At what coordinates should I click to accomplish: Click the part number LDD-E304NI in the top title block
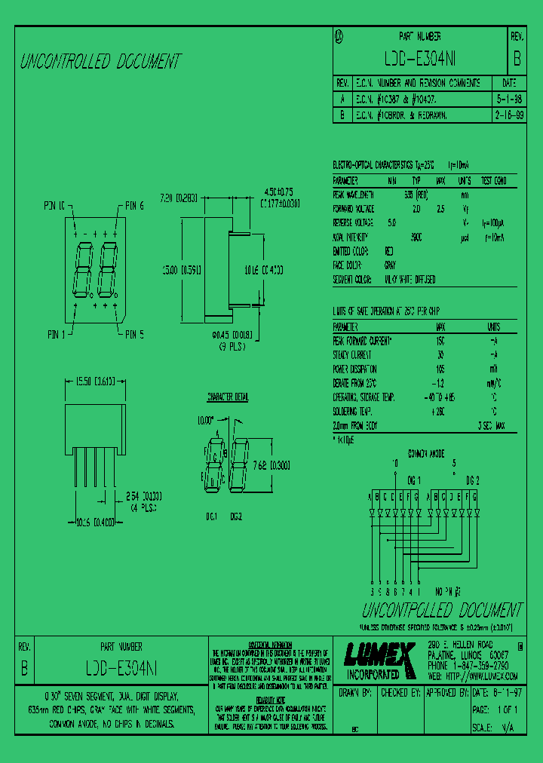point(420,59)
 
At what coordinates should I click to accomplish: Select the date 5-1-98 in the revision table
point(508,99)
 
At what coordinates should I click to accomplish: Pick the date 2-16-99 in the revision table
point(510,115)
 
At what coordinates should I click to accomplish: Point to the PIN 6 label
point(134,206)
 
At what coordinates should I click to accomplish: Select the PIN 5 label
point(134,333)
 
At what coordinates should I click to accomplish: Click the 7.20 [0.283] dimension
point(179,198)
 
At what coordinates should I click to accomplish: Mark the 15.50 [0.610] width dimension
point(94,382)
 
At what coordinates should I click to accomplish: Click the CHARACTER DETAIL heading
point(227,397)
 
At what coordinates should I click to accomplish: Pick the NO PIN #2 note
point(452,593)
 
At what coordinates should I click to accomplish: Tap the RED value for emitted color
point(389,251)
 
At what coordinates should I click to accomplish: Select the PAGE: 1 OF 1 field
point(495,710)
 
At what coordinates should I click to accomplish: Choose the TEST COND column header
point(499,181)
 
